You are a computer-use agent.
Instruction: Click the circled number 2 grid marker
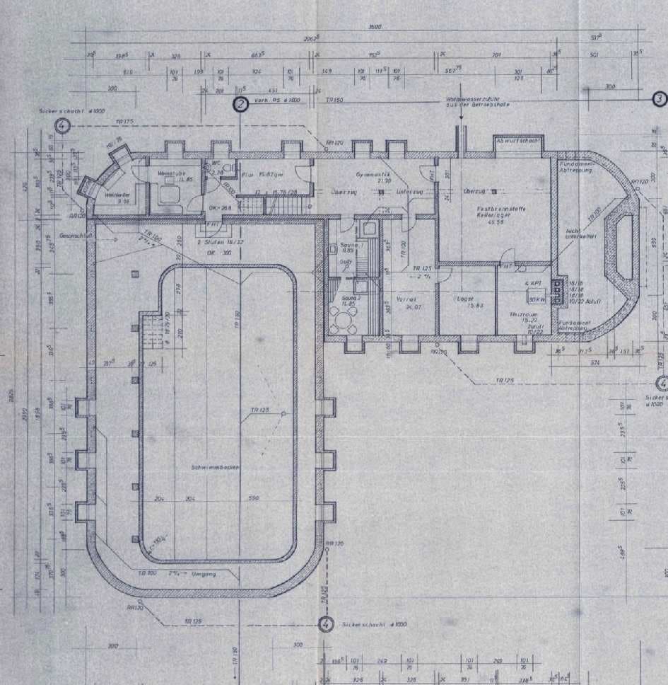241,105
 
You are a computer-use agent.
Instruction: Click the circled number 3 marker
659,99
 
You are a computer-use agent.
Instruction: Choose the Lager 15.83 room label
464,302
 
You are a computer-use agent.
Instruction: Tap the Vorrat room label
405,302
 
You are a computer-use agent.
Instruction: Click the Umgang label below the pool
204,574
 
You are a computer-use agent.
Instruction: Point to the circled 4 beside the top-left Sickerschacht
63,127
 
